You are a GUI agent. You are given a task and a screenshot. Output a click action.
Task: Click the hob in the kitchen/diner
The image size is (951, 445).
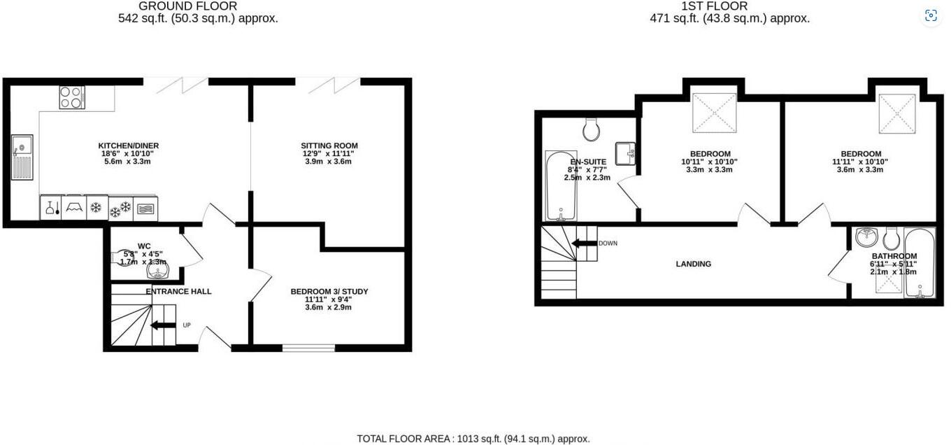tap(71, 97)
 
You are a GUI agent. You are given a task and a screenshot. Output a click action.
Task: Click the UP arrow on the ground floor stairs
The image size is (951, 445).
tap(163, 325)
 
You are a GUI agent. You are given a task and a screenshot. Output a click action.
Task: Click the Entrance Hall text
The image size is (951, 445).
tap(178, 291)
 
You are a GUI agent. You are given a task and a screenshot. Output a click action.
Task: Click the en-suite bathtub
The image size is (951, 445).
tap(559, 185)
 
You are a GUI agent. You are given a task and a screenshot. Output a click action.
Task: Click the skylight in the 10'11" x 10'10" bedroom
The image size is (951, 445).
tap(713, 112)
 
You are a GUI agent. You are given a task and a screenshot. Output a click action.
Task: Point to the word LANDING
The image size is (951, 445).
tap(693, 264)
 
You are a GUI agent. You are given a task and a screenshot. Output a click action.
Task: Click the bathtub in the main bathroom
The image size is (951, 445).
tap(919, 262)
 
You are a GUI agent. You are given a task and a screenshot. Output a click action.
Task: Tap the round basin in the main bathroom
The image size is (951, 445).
tap(867, 237)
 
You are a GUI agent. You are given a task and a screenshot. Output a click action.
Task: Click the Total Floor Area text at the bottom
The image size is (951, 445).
tap(473, 439)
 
